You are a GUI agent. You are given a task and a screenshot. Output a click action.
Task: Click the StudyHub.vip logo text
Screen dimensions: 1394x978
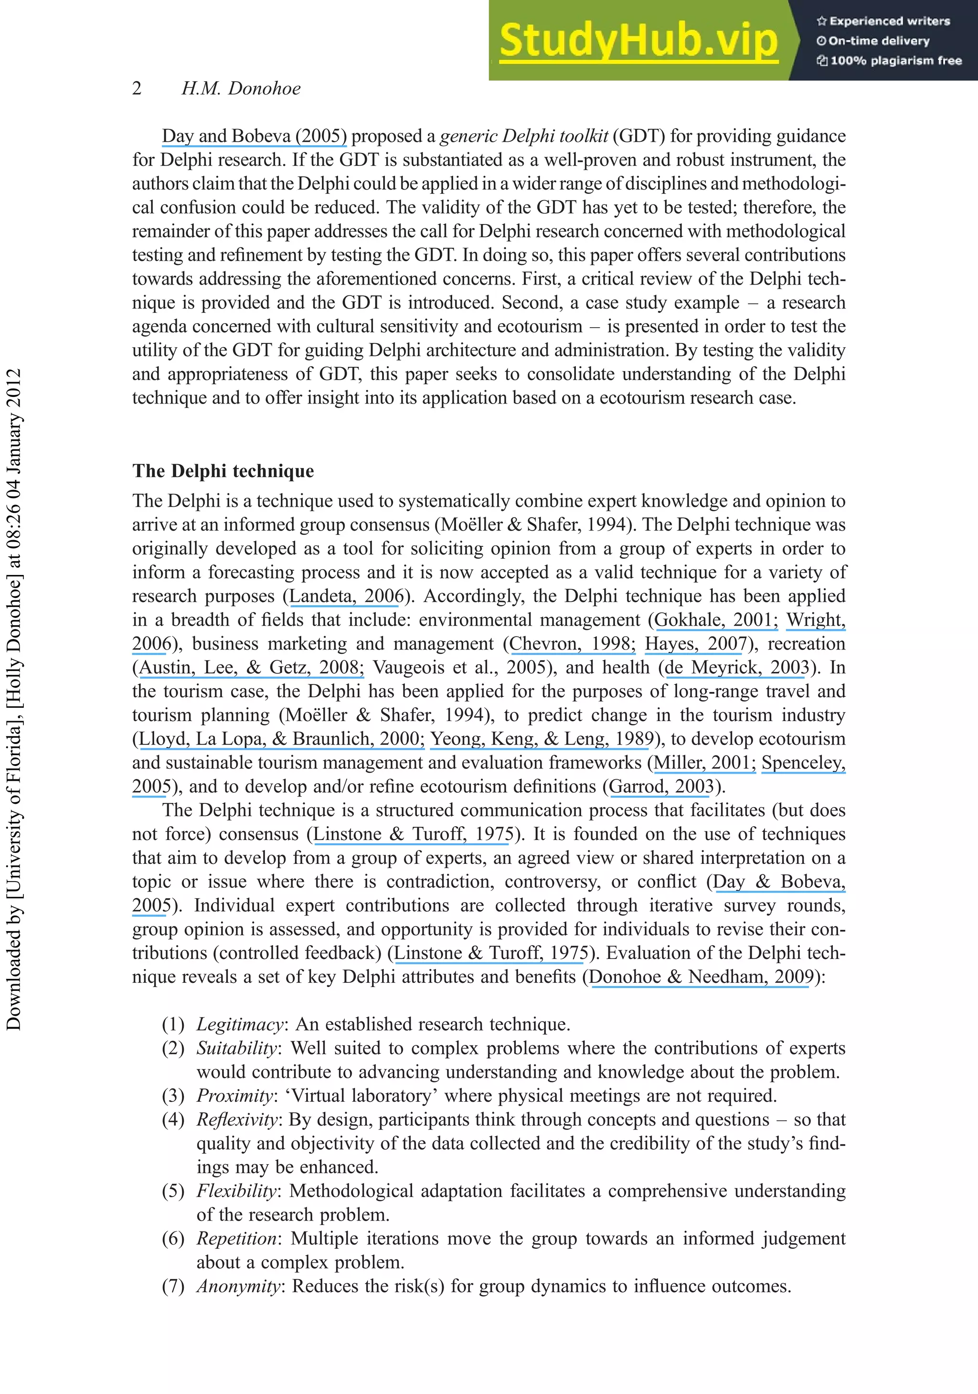click(x=638, y=40)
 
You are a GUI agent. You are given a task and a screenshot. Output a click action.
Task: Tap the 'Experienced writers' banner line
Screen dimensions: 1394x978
click(x=883, y=21)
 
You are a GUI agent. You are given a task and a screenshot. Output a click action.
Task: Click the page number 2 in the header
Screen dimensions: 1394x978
click(x=137, y=89)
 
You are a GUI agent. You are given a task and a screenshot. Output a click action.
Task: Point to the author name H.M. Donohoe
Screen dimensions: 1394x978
click(x=241, y=89)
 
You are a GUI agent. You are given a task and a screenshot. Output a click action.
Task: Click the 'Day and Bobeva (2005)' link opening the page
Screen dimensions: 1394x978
click(x=254, y=136)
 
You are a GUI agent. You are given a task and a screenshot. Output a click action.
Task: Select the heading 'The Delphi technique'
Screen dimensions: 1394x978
click(x=223, y=471)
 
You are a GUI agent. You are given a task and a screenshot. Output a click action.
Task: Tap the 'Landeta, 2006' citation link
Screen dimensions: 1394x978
click(x=347, y=596)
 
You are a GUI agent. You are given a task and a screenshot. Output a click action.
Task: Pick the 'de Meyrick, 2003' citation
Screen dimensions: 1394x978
click(x=737, y=667)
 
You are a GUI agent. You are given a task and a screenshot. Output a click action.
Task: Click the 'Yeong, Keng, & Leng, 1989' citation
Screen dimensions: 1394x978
click(x=542, y=739)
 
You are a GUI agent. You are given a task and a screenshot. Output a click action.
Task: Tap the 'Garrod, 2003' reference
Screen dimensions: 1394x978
click(x=661, y=786)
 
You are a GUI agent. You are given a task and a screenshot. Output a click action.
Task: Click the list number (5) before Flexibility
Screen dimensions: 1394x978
click(x=173, y=1191)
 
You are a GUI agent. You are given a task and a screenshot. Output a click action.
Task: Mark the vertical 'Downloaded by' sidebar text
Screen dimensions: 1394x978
click(x=13, y=698)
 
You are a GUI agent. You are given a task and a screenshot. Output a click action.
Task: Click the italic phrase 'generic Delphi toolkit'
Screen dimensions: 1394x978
click(x=524, y=136)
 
